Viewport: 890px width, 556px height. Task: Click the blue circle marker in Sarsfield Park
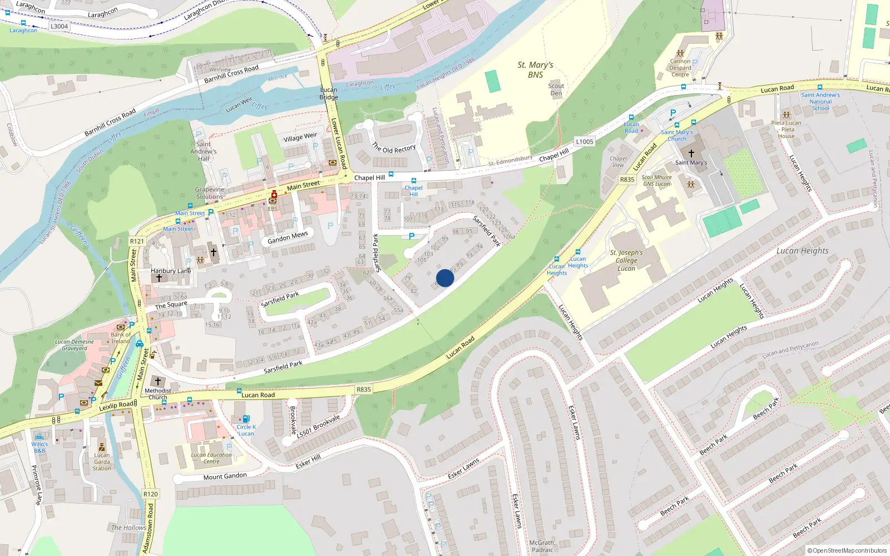pos(445,278)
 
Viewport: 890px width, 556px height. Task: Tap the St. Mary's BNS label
pos(535,70)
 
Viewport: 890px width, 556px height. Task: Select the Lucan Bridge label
pos(329,93)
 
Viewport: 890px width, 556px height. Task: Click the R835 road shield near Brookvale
pos(364,390)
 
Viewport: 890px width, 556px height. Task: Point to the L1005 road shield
pos(585,142)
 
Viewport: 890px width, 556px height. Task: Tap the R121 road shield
pos(137,241)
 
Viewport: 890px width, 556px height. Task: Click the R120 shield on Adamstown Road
pos(150,494)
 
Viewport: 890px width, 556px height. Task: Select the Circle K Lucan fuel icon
pos(246,419)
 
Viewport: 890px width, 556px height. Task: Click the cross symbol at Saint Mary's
pos(691,153)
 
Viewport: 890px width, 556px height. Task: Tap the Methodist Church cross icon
pos(158,381)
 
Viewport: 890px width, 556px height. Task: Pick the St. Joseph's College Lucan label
pos(626,260)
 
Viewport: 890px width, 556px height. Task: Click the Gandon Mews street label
pos(288,237)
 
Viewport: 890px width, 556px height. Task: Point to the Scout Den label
pos(556,90)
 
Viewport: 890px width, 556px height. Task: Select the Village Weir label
pos(300,137)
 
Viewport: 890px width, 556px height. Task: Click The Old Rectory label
pos(394,148)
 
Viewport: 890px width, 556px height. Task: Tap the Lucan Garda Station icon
pos(102,446)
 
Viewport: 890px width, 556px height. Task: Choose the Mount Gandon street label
pos(225,476)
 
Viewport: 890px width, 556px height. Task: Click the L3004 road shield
pos(59,26)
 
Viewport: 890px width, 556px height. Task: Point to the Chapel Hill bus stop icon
pos(413,181)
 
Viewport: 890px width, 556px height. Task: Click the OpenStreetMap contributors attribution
pos(847,550)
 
